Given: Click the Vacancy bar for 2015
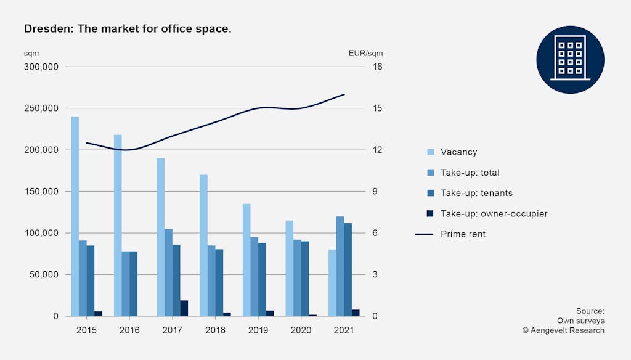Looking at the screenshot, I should click(x=75, y=216).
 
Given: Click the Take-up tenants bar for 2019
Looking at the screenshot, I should click(x=262, y=279).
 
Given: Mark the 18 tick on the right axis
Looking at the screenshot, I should click(x=378, y=67).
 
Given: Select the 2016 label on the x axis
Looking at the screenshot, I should click(x=129, y=330).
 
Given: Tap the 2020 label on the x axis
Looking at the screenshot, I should click(x=301, y=330).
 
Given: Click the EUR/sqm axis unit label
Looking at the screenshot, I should click(x=365, y=53).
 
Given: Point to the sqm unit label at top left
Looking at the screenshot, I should click(x=31, y=53).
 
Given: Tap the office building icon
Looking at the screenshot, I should click(x=570, y=60).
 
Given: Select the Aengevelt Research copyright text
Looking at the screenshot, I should click(x=563, y=330).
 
